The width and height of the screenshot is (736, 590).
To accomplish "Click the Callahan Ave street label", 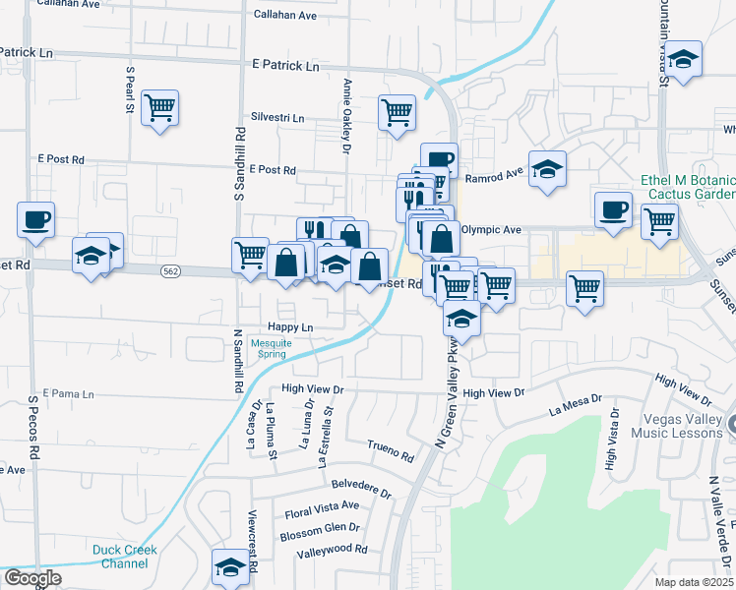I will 285,16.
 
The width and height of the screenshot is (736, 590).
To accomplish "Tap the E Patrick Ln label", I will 285,66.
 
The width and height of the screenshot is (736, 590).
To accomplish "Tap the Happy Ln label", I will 289,327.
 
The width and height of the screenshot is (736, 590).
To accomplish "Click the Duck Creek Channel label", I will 121,557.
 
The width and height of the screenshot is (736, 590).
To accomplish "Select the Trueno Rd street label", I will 391,451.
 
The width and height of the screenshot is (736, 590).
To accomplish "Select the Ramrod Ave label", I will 493,178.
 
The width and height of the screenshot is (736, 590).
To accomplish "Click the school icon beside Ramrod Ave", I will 547,168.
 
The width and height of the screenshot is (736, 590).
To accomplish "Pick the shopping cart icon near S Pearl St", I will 159,107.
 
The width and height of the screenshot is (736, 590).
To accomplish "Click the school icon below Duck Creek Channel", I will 230,567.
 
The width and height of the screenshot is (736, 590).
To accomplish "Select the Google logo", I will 31,578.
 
